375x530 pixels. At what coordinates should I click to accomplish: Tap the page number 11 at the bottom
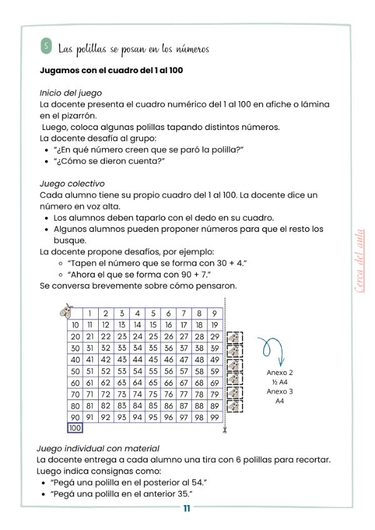187,507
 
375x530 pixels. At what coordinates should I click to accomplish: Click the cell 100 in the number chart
75,428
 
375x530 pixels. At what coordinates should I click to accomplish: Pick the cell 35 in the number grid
152,348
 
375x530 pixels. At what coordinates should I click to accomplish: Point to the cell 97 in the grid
184,417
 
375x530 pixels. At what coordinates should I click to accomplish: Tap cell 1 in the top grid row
90,314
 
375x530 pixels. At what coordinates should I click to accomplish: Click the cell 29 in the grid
214,336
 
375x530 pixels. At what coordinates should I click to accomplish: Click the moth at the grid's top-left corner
66,310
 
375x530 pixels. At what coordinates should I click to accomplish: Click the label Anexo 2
279,372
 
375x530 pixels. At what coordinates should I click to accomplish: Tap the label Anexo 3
279,392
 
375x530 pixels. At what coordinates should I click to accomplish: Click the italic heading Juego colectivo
72,184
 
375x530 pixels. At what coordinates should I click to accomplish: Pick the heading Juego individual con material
98,448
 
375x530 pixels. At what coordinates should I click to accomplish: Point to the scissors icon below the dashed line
224,430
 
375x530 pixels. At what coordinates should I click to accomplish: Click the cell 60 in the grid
75,382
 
